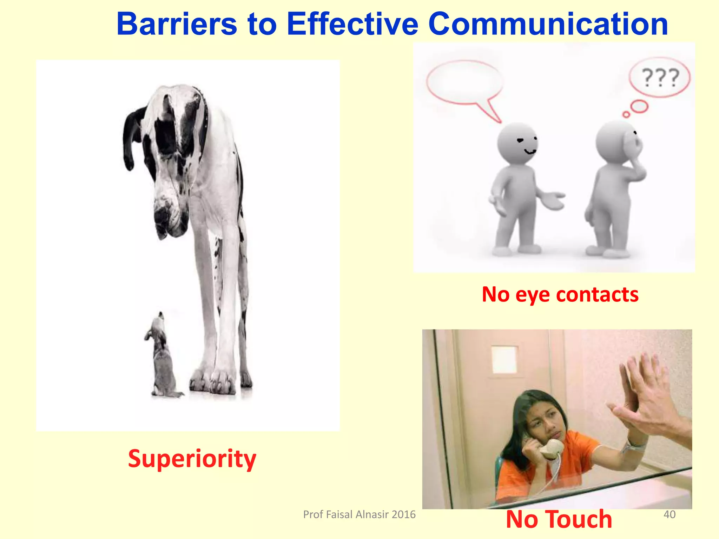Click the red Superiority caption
[192, 458]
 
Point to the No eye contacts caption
[560, 294]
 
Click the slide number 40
[669, 514]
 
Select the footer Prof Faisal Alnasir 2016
[359, 514]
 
